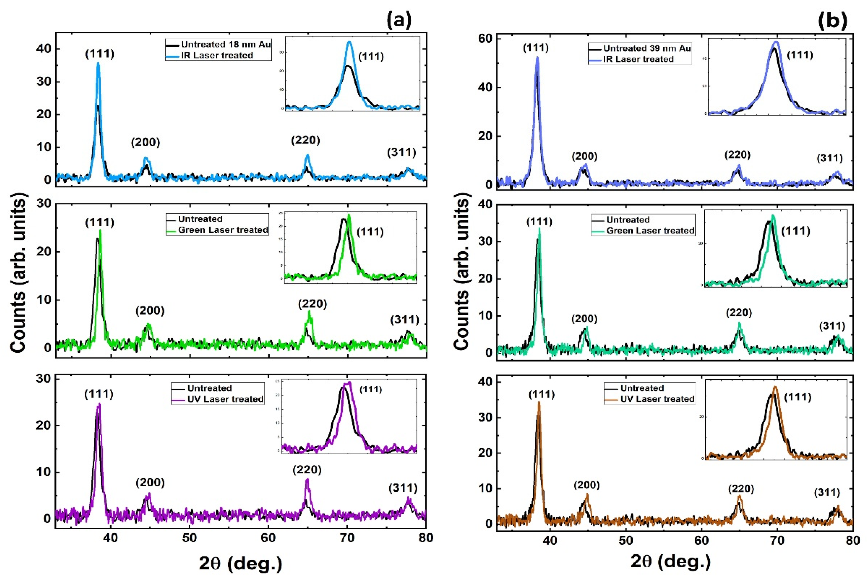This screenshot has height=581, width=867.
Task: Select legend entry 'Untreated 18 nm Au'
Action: click(225, 45)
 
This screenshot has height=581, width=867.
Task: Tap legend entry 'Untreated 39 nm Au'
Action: click(647, 48)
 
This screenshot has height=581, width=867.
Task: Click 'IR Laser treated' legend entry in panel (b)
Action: click(638, 59)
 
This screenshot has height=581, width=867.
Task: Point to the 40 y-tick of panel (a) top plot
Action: click(44, 49)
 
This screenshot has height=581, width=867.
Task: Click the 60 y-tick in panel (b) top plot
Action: click(485, 38)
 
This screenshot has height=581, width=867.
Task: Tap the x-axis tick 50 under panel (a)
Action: click(189, 538)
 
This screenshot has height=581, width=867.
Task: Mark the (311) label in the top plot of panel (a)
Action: click(402, 152)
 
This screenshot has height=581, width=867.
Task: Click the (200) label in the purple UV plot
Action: click(150, 482)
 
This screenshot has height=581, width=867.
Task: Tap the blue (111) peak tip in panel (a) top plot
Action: click(98, 63)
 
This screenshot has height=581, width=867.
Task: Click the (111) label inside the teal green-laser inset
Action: click(796, 231)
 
